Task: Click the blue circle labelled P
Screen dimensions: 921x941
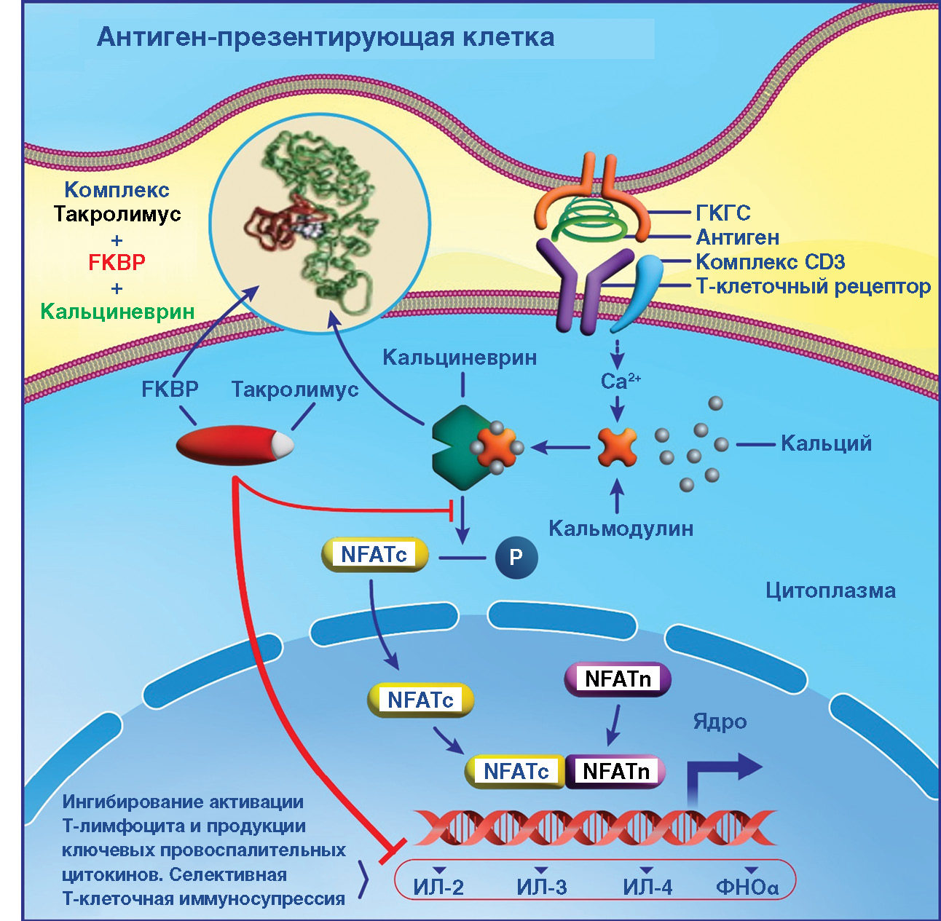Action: (516, 558)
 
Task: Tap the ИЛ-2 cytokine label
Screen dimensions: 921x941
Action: (438, 887)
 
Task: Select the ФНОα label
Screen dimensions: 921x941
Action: (747, 887)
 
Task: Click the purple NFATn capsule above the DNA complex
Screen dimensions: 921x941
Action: (618, 679)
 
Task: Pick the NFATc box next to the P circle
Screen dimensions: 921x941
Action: (374, 555)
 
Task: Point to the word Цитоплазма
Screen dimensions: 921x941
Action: (830, 590)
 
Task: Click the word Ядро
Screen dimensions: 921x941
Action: (720, 722)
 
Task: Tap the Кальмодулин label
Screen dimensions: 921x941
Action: (621, 529)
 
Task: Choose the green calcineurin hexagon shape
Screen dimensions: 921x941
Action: (455, 446)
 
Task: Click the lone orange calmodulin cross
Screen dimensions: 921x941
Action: (618, 446)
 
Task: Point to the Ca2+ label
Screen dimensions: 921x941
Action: (620, 381)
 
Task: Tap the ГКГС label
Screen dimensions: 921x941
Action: (723, 213)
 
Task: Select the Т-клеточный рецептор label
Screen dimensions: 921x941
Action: (813, 287)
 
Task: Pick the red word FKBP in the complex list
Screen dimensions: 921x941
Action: (117, 263)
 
